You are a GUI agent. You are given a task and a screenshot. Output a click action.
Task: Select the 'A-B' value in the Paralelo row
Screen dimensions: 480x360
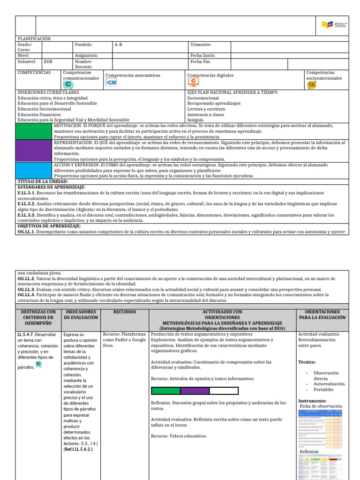pos(120,45)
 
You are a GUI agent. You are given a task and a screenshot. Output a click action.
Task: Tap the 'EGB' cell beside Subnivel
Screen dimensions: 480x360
pos(48,61)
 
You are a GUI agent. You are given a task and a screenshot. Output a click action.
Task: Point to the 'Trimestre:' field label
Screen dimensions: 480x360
pos(201,45)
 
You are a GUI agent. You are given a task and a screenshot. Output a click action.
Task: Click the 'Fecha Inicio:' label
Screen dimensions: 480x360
pos(202,55)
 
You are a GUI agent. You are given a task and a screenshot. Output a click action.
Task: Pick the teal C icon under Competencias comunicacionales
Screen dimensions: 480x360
pos(68,84)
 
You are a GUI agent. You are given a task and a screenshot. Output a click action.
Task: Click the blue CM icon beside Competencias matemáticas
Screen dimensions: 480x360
pos(112,82)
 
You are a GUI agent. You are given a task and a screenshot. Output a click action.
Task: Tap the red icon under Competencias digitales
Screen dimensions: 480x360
pos(193,82)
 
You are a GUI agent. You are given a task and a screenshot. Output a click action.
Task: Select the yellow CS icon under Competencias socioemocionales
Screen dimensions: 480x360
pos(312,84)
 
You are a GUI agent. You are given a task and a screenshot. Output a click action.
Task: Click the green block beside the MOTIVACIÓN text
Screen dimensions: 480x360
pos(34,131)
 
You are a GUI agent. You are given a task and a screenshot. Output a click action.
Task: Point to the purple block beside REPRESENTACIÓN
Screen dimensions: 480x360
pos(34,150)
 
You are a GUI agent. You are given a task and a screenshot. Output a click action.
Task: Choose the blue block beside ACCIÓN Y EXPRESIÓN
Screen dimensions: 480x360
pos(34,170)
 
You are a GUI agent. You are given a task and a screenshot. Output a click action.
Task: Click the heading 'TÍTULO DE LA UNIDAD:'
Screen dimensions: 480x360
pos(43,181)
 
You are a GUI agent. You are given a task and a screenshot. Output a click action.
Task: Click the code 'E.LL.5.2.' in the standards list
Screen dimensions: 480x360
pos(28,204)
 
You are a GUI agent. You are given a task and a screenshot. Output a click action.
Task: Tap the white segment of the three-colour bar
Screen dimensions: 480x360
pos(224,390)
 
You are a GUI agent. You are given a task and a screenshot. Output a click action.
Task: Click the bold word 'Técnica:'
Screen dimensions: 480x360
pos(307,362)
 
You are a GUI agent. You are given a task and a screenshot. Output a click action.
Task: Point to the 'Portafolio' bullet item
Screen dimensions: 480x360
pos(324,390)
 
